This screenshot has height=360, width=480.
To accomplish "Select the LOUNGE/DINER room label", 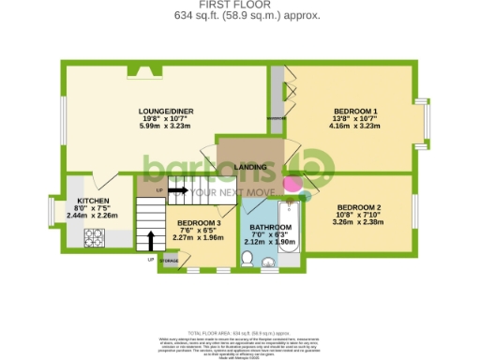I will pos(168,111).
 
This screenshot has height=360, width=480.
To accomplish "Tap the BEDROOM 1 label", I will pos(355,112).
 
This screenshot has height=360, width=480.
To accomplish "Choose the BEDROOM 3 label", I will pos(199,222).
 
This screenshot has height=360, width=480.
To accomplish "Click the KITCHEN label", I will pos(94,201).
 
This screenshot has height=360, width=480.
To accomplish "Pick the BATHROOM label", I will pos(269,226).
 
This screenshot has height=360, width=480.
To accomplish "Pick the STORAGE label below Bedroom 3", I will pos(169,260).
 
